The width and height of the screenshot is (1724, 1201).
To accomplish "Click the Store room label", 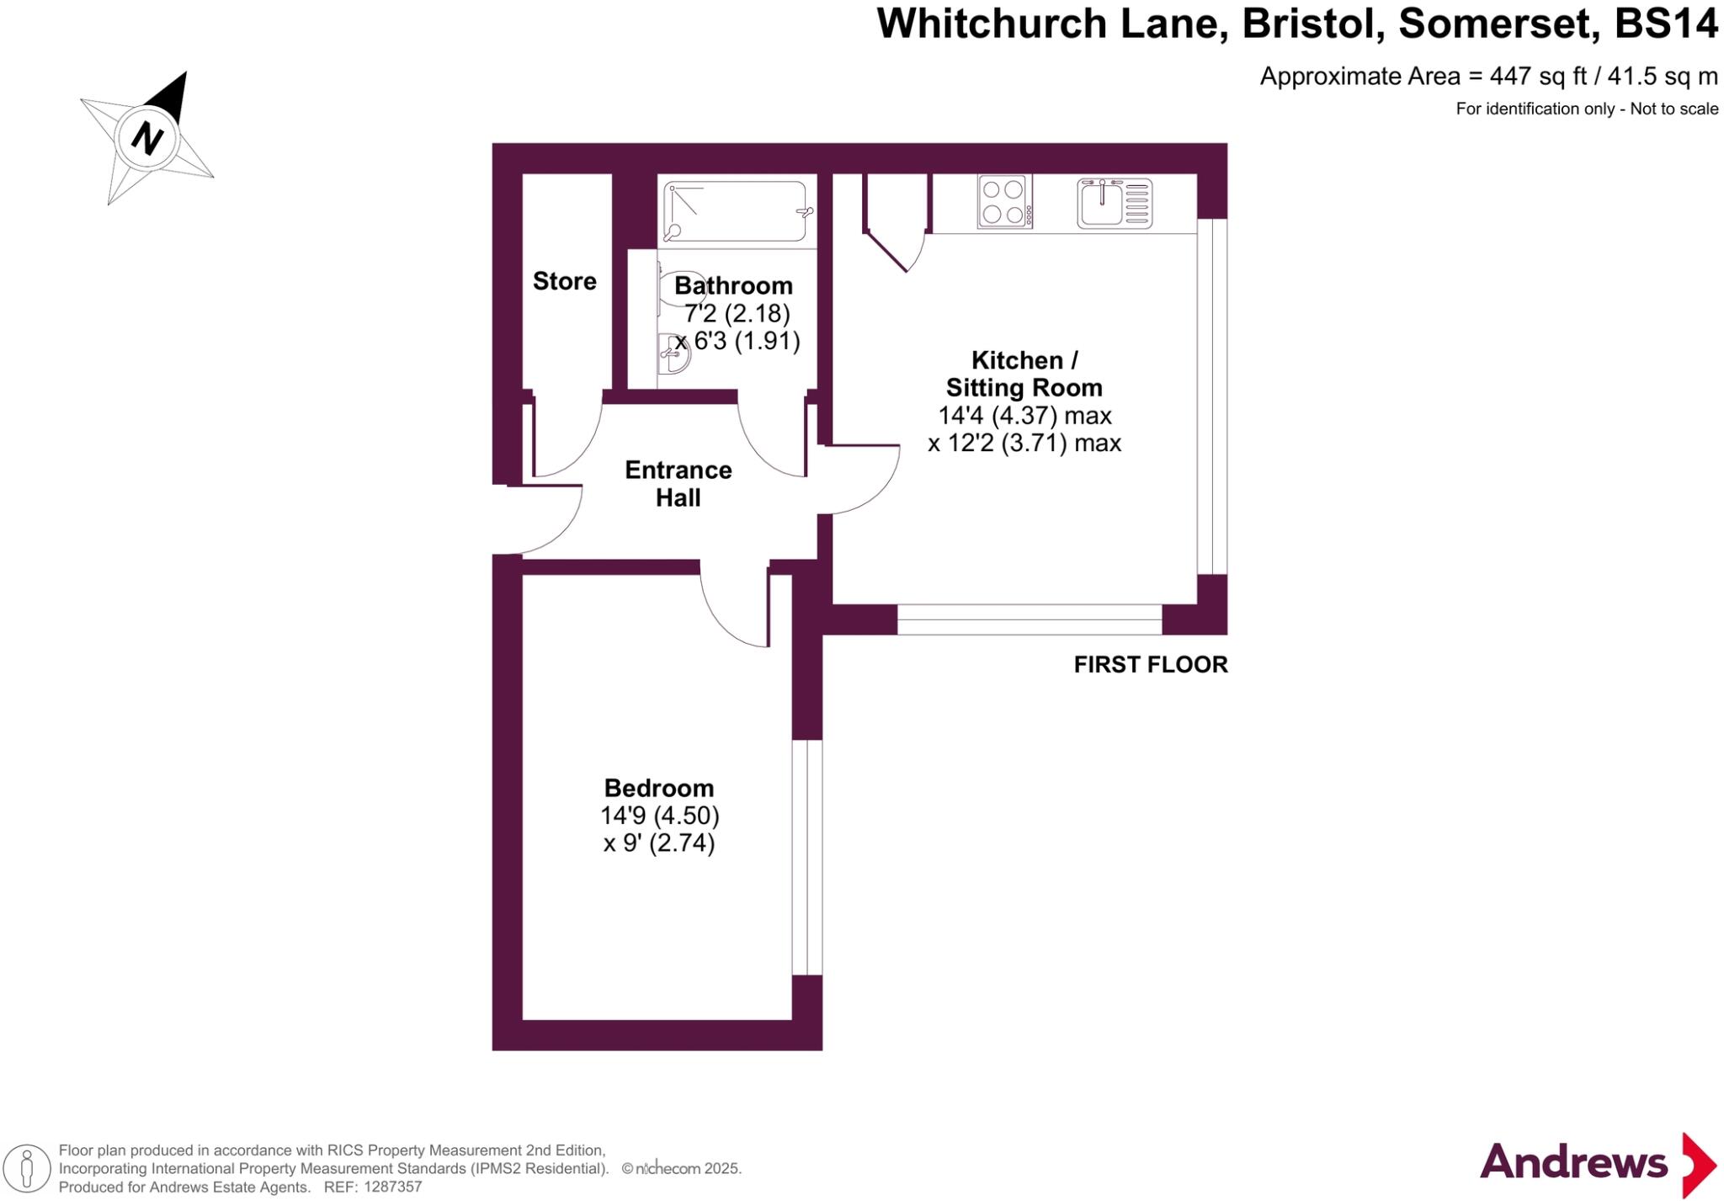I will [x=564, y=281].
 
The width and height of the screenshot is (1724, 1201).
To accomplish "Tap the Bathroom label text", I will [x=733, y=285].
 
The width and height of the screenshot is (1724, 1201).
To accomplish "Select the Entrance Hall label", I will [x=678, y=483].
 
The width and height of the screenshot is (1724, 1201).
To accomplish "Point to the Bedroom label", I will [x=658, y=788].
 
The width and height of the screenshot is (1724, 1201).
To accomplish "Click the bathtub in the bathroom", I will [x=736, y=211].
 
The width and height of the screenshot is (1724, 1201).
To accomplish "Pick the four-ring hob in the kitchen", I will [x=1003, y=202].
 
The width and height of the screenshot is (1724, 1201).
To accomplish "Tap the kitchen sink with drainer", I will [x=1114, y=203].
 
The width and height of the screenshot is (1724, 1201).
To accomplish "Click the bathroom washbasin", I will [x=673, y=353].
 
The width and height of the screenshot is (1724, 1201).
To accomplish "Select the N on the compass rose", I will [x=147, y=137].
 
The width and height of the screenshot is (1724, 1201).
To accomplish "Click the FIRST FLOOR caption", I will [x=1150, y=665].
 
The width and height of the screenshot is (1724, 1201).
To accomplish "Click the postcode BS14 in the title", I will [x=1666, y=24].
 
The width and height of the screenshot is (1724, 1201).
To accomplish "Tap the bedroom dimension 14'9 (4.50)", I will [x=659, y=816].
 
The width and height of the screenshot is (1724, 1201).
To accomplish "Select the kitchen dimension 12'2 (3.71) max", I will [x=1024, y=443].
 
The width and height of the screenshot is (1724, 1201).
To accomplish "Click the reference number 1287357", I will [x=391, y=1188].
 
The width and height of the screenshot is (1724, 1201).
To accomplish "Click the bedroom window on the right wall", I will [x=806, y=857].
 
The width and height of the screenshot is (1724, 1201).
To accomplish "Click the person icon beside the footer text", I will [x=27, y=1168].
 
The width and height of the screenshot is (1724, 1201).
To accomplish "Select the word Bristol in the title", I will [x=1312, y=24].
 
